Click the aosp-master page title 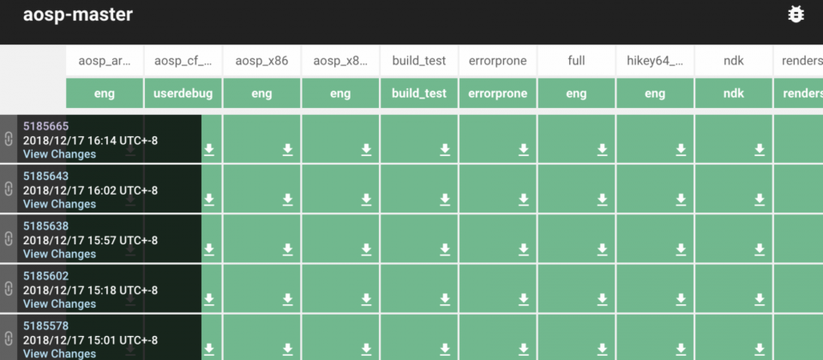pos(78,15)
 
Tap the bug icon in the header pos(796,15)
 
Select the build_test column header pos(419,60)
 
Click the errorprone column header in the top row pos(497,60)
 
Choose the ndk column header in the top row pos(733,60)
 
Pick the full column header pos(576,60)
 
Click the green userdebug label pos(183,93)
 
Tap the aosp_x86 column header pos(261,60)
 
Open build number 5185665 pos(45,126)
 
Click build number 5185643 pos(45,176)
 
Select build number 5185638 pos(45,225)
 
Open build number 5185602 pos(45,275)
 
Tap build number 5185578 pos(45,326)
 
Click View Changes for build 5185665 pos(59,153)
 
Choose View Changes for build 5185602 pos(59,303)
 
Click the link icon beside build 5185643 pos(8,189)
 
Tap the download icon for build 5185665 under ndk pos(760,149)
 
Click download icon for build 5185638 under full pos(602,249)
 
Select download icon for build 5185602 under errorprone pos(523,299)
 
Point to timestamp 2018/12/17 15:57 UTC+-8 pos(90,240)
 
